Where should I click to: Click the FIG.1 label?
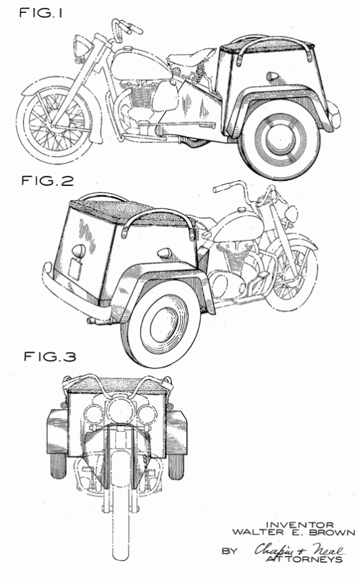click(x=40, y=13)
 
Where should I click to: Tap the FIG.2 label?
click(x=48, y=181)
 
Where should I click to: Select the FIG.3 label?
click(x=50, y=357)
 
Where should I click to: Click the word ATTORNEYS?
click(x=304, y=559)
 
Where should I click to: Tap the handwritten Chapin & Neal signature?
click(x=299, y=550)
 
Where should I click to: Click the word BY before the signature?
click(x=230, y=551)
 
